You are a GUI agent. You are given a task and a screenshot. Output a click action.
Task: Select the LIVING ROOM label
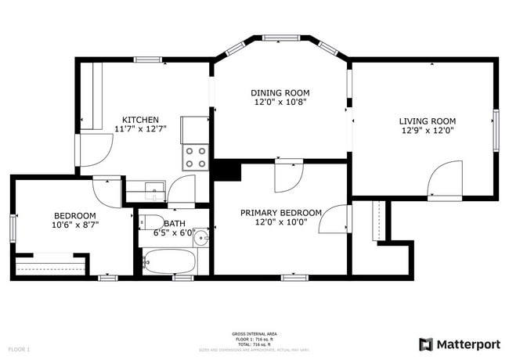(x=427, y=121)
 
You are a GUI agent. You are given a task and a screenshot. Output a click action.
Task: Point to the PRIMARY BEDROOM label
(x=280, y=212)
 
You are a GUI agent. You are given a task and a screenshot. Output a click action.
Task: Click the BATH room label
(x=175, y=223)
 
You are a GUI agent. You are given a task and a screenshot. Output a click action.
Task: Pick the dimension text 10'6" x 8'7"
(x=75, y=225)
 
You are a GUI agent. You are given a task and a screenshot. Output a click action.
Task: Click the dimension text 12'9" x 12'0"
(x=427, y=131)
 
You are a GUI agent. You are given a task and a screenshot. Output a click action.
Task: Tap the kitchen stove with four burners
(x=195, y=157)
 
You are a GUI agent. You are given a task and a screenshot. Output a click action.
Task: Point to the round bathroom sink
(x=201, y=236)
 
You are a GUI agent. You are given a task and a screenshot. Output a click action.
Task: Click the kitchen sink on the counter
(x=153, y=187)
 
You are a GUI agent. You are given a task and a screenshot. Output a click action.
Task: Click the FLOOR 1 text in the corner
(x=19, y=348)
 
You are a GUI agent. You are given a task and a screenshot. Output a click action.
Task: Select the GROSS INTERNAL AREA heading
(x=254, y=333)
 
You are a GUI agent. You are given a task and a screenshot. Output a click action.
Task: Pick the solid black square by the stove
(x=227, y=170)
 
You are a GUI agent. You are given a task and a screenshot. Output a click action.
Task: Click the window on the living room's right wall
(x=495, y=128)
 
